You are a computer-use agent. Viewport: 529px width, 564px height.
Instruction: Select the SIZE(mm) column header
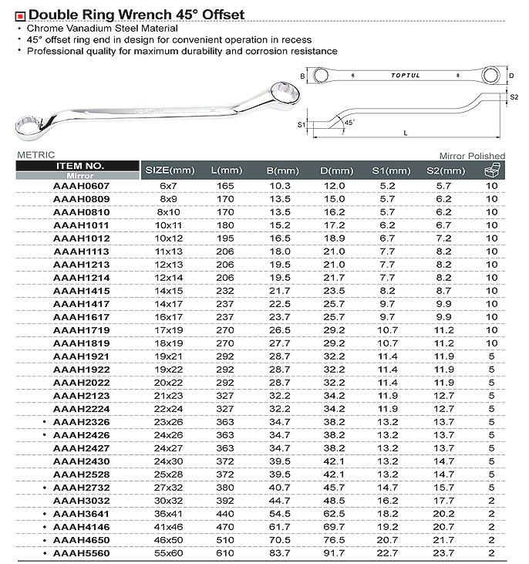(x=170, y=170)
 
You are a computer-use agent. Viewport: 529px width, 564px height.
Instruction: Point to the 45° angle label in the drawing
(x=349, y=122)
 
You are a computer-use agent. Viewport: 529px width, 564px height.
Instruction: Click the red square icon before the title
(x=20, y=15)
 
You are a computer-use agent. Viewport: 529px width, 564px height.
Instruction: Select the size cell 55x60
(x=170, y=554)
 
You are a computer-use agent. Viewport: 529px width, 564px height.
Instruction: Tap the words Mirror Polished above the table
(x=472, y=156)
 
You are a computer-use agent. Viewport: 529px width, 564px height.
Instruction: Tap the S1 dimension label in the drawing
(x=302, y=123)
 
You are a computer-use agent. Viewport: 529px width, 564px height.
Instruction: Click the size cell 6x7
(x=170, y=186)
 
